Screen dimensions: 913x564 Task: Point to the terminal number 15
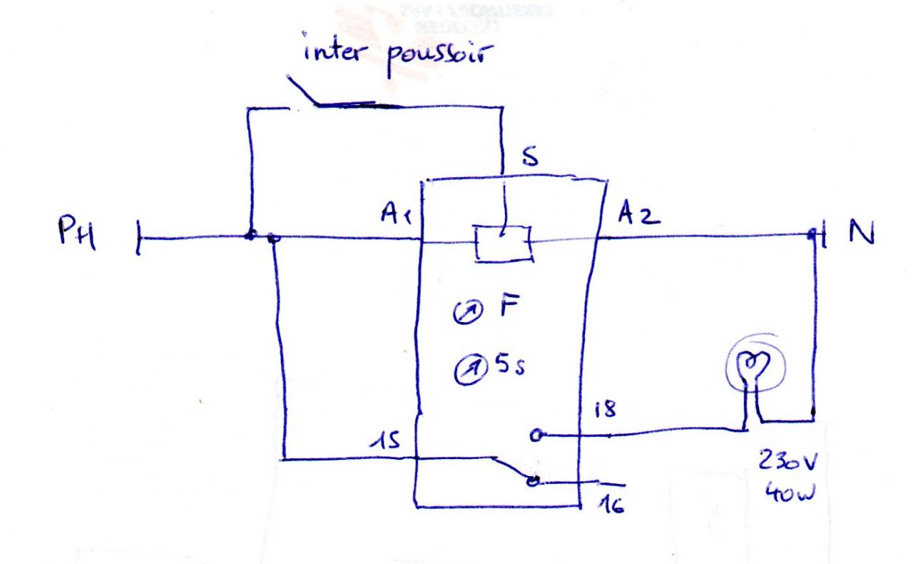[x=385, y=443]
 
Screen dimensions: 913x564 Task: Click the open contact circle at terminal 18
[x=535, y=433]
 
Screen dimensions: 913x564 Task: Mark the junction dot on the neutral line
[x=812, y=233]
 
